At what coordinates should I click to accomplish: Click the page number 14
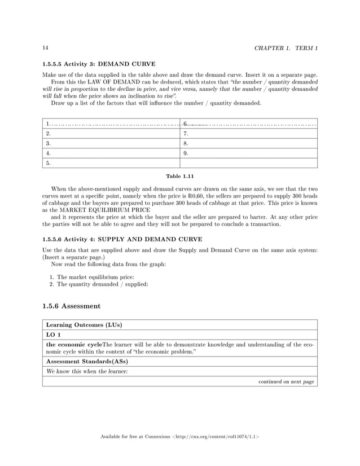point(45,47)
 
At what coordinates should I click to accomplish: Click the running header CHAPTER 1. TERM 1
point(286,47)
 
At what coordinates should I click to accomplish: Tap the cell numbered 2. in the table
point(111,134)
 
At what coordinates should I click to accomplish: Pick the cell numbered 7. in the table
point(248,134)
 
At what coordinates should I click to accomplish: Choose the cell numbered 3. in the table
point(111,143)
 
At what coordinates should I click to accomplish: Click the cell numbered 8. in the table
point(248,143)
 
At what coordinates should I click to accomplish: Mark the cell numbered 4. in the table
point(111,153)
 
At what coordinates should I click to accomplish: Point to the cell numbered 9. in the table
point(248,153)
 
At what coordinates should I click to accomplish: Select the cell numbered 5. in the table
point(111,163)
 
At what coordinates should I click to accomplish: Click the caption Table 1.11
point(180,176)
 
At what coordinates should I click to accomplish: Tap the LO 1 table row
point(180,335)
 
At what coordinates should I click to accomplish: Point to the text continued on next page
point(286,382)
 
